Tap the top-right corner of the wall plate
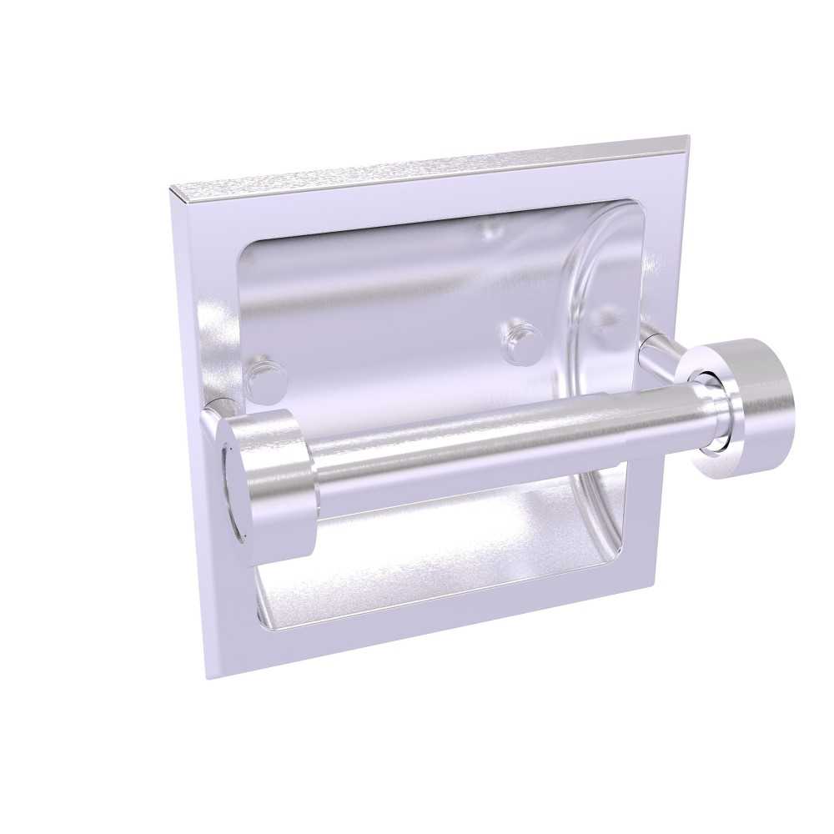[x=686, y=137]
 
